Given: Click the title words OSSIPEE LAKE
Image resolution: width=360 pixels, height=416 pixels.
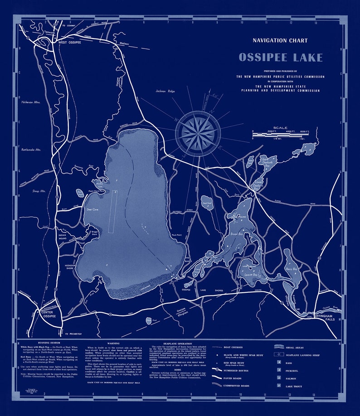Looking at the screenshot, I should coord(280,58).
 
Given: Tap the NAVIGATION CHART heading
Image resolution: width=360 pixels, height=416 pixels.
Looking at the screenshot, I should coord(280,40).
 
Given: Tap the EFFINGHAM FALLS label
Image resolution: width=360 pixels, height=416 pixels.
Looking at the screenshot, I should coord(326,316).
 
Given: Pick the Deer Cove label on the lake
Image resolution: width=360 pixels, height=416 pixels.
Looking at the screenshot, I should coord(93,210).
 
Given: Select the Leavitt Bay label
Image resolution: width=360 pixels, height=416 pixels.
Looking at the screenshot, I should coord(252,275).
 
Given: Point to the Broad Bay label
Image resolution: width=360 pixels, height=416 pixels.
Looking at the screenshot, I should coord(238,235).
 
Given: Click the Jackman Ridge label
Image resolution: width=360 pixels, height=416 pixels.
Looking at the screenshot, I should coord(165,91).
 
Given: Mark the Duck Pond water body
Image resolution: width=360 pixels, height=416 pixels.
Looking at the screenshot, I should coord(207,203).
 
